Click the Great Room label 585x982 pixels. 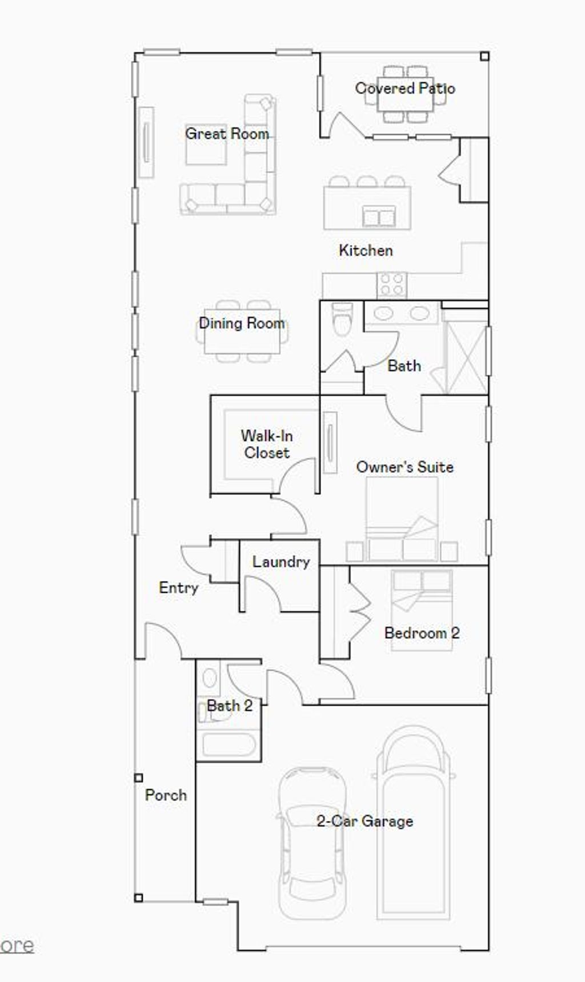(x=227, y=134)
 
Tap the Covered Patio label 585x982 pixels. (x=405, y=89)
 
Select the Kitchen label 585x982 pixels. (x=366, y=250)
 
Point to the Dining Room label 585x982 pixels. (x=242, y=323)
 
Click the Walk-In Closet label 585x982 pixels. (x=267, y=444)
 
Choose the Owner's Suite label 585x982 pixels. (x=404, y=467)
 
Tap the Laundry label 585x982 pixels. (x=281, y=562)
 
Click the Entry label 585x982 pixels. (x=178, y=587)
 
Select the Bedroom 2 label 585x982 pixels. (x=422, y=633)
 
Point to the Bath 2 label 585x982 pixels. (x=229, y=706)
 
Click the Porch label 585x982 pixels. (x=166, y=795)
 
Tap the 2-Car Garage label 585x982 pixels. (x=364, y=821)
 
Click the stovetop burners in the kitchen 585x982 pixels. (x=392, y=284)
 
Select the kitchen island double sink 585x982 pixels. (x=379, y=217)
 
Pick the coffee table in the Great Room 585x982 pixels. (x=206, y=145)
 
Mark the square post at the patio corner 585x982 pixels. (x=484, y=56)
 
